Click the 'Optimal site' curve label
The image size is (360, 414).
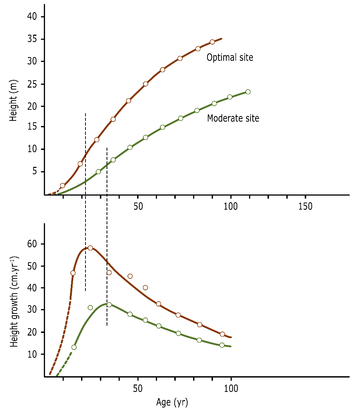(230, 58)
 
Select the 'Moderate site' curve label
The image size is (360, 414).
(233, 118)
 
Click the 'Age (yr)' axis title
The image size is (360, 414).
(172, 403)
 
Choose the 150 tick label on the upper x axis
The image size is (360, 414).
(305, 207)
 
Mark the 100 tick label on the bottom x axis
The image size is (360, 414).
(231, 389)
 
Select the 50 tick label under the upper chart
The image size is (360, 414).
(138, 207)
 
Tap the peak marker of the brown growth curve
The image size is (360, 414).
(90, 248)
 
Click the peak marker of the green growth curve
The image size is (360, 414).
(109, 305)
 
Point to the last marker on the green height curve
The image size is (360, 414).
(248, 92)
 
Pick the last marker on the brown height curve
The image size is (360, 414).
(212, 42)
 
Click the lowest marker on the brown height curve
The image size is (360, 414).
(62, 186)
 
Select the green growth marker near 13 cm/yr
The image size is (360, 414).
(74, 347)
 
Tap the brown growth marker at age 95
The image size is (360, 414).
(222, 334)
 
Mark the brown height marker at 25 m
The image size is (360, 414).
(146, 84)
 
